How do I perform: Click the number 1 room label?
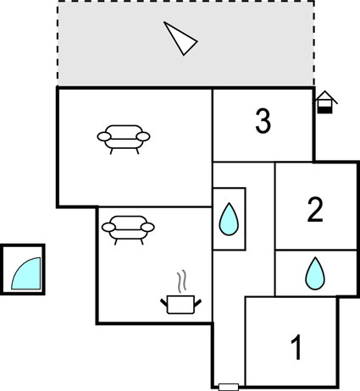pos(296,347)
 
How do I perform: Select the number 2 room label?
pos(315,210)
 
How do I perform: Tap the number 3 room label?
pos(263,121)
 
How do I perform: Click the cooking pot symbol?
pos(181,305)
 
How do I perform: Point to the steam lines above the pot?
pos(182,281)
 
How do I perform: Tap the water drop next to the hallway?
pos(229,218)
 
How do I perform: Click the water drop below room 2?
pos(315,273)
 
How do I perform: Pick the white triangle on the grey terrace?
pos(180,38)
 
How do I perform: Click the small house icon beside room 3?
pos(325,102)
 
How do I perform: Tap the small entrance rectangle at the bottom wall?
pos(229,387)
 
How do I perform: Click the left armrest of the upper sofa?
pos(104,136)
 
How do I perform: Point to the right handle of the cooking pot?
pos(198,304)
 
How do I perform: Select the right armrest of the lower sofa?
pos(147,227)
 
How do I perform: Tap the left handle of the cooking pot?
pos(164,304)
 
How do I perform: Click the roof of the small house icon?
pos(325,96)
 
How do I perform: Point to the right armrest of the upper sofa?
pos(143,136)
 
